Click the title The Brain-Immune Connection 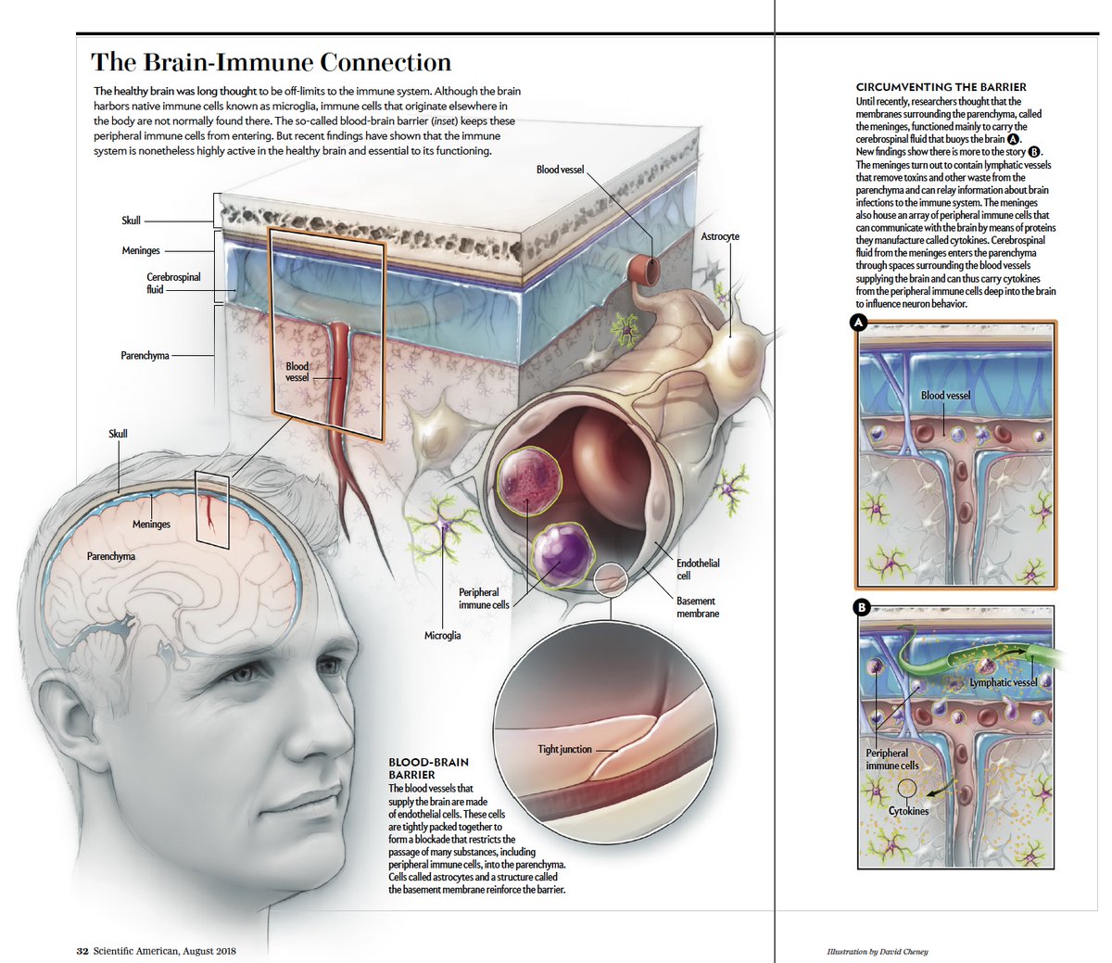coord(271,63)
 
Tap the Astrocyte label coord(720,236)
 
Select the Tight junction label coord(564,749)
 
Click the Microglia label coord(442,636)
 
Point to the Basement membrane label coord(698,607)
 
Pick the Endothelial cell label coord(698,569)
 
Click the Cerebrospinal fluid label coord(173,283)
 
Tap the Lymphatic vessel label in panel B coord(1004,682)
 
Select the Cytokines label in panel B coord(908,811)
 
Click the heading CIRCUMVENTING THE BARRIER coord(941,87)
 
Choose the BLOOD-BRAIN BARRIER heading coord(428,767)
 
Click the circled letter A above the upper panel coord(859,323)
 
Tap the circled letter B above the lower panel coord(861,609)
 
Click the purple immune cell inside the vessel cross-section coord(562,553)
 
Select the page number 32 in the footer coord(82,950)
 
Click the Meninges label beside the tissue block coord(141,250)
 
